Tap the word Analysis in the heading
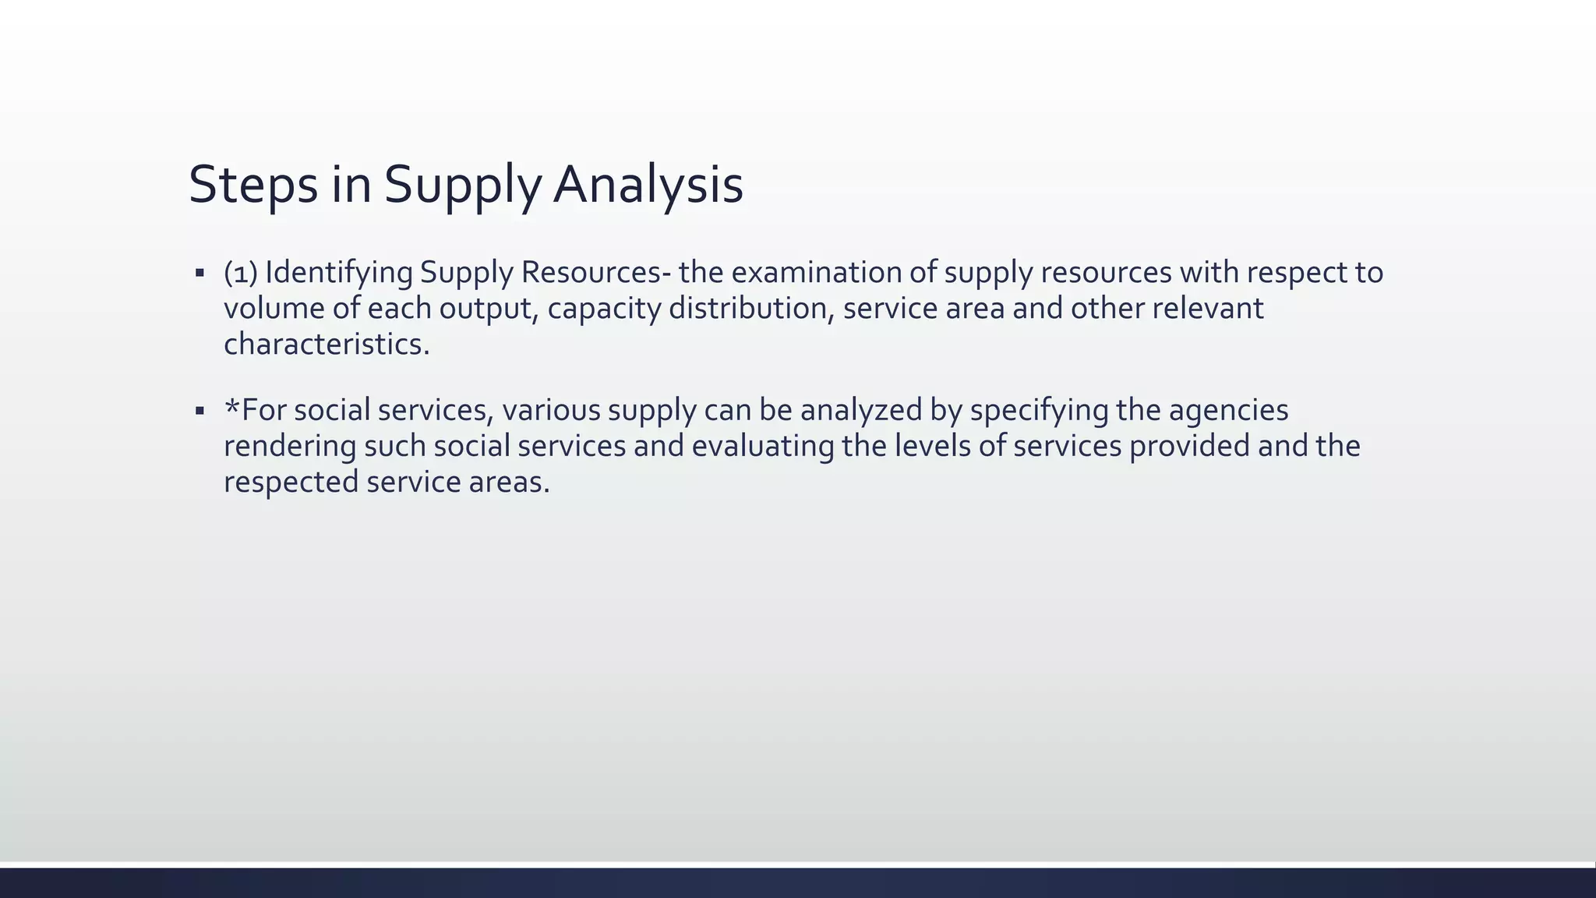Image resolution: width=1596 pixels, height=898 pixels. point(648,186)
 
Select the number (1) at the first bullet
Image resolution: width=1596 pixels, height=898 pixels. point(241,273)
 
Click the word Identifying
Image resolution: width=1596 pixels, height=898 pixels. point(339,273)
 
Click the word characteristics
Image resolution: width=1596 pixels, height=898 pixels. point(327,345)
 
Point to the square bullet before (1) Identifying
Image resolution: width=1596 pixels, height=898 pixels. point(200,274)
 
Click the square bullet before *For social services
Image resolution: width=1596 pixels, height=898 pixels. point(200,411)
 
